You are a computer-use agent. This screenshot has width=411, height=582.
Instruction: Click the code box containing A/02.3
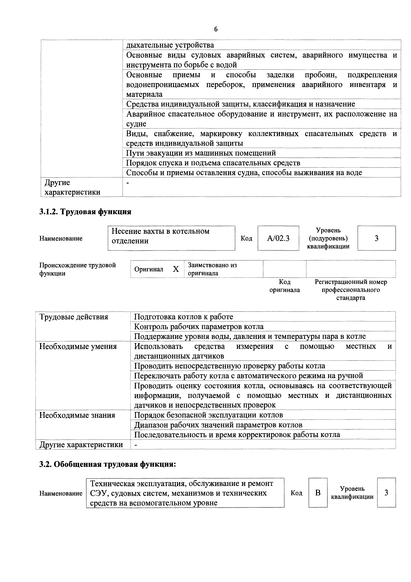tap(278, 238)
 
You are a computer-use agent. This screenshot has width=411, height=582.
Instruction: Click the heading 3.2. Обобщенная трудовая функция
tap(107, 464)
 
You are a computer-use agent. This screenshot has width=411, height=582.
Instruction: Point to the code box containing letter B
tap(318, 493)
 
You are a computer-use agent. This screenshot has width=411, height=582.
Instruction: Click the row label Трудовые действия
tap(74, 317)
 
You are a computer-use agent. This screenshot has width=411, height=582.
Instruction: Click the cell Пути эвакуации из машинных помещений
tap(201, 153)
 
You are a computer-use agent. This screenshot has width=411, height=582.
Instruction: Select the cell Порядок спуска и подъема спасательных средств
tap(213, 163)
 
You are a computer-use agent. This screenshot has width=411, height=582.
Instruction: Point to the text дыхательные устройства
tap(170, 45)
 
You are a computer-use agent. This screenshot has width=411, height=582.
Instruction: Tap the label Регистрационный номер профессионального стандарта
tap(351, 290)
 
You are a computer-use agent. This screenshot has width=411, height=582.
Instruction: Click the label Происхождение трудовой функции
tap(78, 269)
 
